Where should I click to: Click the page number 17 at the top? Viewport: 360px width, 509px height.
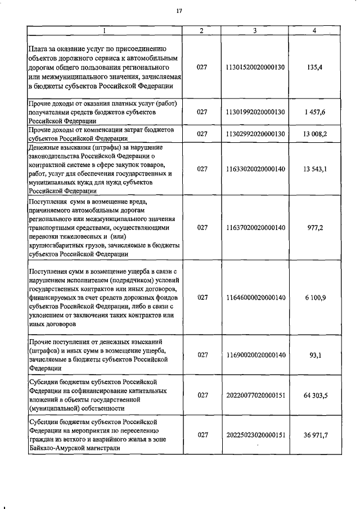click(x=179, y=11)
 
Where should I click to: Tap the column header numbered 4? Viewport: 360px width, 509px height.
click(x=314, y=31)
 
